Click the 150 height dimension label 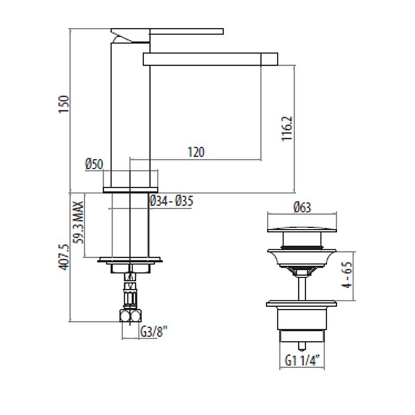tap(64, 104)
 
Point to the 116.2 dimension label tap(286, 129)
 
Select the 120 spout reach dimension tap(196, 152)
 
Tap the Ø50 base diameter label tap(94, 164)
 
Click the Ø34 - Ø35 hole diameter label tap(171, 201)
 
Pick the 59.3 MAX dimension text tap(79, 222)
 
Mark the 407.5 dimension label tap(64, 257)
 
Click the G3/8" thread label tap(154, 331)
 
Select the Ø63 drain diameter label tap(302, 207)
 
